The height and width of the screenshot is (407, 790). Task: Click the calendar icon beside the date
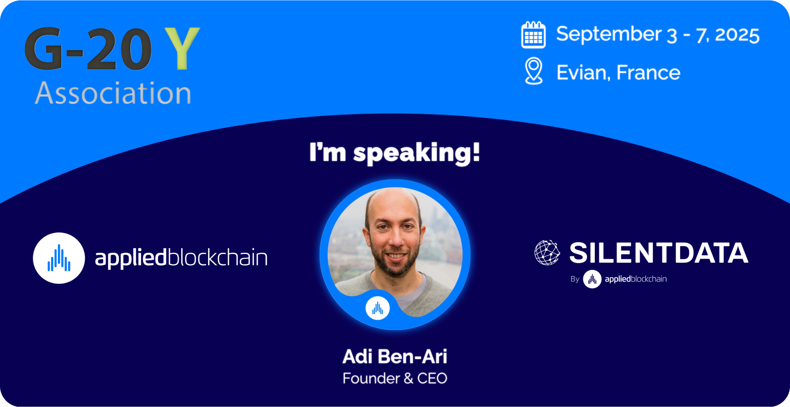point(533,35)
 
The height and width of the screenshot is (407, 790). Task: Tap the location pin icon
point(534,71)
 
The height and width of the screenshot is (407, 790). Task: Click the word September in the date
point(609,35)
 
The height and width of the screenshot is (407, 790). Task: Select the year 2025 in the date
point(737,35)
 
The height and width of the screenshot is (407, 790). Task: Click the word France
point(649,72)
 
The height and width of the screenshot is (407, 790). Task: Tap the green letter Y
point(182,48)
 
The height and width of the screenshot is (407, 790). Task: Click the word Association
point(113,93)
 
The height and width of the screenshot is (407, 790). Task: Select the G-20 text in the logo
point(88,49)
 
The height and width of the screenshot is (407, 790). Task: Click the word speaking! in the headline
point(417,153)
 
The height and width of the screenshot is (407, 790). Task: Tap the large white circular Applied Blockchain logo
point(59,258)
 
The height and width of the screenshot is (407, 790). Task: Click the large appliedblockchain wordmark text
point(181,258)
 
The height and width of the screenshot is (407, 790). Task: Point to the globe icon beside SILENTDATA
point(547,252)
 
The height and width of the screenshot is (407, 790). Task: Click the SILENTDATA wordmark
point(659,253)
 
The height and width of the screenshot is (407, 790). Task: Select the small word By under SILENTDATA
point(575,279)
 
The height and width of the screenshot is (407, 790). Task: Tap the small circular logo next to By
point(592,279)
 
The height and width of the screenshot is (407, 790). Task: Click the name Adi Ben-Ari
point(395,356)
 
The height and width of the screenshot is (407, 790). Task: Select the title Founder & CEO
point(395,378)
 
